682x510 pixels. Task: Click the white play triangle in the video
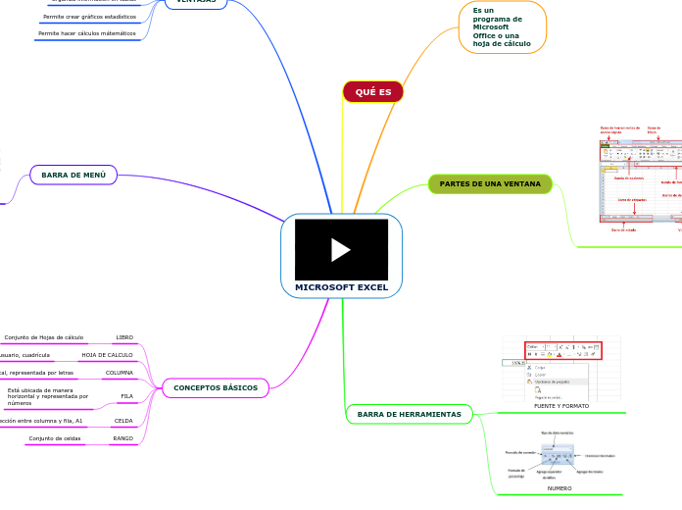341,250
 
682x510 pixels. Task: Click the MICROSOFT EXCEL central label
341,288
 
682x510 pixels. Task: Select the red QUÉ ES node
372,91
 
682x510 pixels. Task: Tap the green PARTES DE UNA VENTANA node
490,183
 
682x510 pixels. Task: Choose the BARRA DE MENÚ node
73,175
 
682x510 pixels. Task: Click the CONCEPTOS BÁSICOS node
215,388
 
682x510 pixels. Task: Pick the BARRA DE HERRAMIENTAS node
409,414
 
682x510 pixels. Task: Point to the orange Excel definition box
502,27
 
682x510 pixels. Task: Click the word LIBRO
124,337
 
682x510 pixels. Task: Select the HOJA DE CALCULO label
107,355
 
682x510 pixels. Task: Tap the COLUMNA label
120,373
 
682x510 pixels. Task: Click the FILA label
126,396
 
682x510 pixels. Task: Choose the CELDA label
123,420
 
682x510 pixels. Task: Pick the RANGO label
123,438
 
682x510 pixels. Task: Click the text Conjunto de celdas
55,438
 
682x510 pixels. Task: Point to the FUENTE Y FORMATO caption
560,405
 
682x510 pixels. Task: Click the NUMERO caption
560,487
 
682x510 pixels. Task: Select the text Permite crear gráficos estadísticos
89,17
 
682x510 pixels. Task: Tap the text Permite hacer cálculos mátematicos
87,33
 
